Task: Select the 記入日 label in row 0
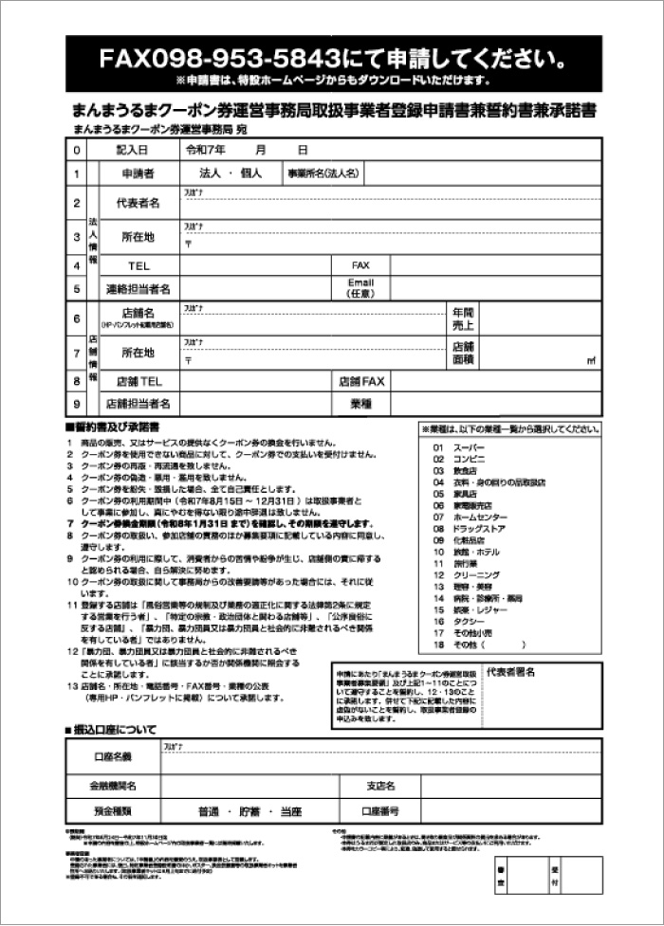click(132, 150)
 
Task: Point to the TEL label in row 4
click(138, 265)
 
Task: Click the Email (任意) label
click(360, 288)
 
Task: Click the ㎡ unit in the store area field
click(591, 360)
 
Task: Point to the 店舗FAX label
click(361, 381)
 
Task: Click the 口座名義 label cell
click(113, 756)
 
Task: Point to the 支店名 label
click(379, 787)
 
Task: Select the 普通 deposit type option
click(208, 812)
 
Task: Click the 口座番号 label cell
click(379, 812)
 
